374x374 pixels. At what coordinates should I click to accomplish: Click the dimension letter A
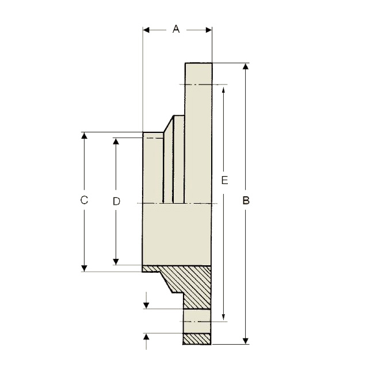pyautogui.click(x=176, y=29)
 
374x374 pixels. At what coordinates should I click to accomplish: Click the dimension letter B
pyautogui.click(x=246, y=201)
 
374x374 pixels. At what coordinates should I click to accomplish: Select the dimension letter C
pyautogui.click(x=84, y=200)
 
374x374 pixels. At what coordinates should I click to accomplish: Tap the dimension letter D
pyautogui.click(x=116, y=201)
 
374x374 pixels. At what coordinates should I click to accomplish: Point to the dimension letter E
pyautogui.click(x=224, y=180)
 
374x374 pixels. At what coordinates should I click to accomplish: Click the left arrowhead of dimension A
pyautogui.click(x=146, y=30)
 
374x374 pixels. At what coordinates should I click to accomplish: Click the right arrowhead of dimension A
pyautogui.click(x=209, y=30)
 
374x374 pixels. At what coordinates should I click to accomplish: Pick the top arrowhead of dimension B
pyautogui.click(x=246, y=66)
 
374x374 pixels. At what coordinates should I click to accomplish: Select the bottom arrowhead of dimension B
pyautogui.click(x=246, y=341)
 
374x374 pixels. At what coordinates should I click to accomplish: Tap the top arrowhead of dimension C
pyautogui.click(x=84, y=135)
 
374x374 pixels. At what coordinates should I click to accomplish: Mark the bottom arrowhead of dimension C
pyautogui.click(x=84, y=268)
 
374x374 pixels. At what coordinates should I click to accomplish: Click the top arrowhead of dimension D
pyautogui.click(x=116, y=141)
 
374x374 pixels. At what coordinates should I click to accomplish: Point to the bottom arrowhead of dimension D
pyautogui.click(x=116, y=262)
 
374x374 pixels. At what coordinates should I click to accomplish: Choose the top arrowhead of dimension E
pyautogui.click(x=223, y=90)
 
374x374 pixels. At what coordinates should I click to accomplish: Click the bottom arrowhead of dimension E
pyautogui.click(x=223, y=317)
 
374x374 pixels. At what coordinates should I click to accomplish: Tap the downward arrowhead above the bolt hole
pyautogui.click(x=146, y=306)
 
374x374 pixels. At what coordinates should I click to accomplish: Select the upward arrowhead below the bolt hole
pyautogui.click(x=146, y=337)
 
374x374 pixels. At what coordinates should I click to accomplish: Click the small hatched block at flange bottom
pyautogui.click(x=197, y=339)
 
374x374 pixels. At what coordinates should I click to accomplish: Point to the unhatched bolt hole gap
pyautogui.click(x=197, y=321)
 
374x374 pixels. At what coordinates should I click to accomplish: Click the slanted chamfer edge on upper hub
pyautogui.click(x=169, y=124)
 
